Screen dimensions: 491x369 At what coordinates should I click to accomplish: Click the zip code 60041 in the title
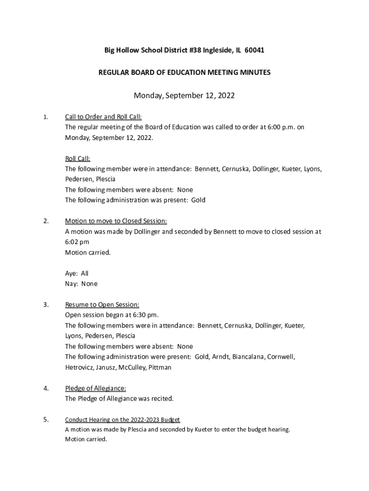click(x=254, y=50)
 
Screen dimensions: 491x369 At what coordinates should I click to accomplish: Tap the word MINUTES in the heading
click(x=253, y=72)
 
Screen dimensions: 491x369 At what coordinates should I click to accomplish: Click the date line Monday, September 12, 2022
click(x=184, y=95)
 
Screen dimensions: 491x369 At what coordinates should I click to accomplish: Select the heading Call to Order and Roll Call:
click(x=103, y=117)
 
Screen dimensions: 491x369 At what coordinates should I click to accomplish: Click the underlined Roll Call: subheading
click(x=78, y=159)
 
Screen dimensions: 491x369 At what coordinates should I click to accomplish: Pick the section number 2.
click(x=46, y=221)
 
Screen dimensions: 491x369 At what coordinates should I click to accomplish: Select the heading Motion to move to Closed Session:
click(x=116, y=221)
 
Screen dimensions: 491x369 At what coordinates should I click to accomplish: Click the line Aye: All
click(x=77, y=273)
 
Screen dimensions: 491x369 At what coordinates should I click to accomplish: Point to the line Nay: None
click(x=81, y=284)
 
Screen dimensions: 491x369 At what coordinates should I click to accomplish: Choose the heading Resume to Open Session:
click(x=102, y=304)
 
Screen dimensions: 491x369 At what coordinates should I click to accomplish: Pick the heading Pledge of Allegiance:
click(x=95, y=388)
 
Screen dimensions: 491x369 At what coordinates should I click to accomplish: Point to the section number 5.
click(x=46, y=420)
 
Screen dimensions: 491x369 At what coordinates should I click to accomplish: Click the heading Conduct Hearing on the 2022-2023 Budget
click(x=122, y=420)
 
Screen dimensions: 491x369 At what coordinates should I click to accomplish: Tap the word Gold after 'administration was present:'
click(x=198, y=200)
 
